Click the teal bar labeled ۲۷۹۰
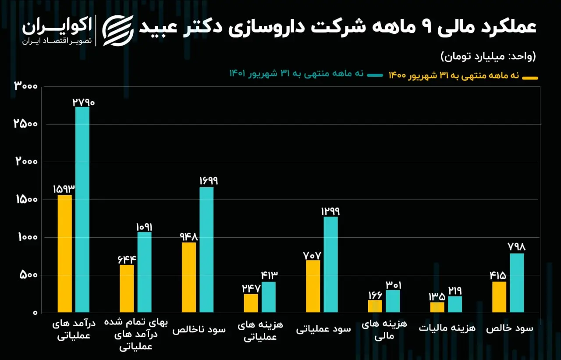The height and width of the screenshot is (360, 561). pyautogui.click(x=82, y=210)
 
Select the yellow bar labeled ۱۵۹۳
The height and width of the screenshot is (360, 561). pyautogui.click(x=64, y=253)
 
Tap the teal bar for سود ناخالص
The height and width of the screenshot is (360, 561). pyautogui.click(x=206, y=250)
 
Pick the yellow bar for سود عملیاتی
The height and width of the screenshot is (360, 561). pyautogui.click(x=313, y=286)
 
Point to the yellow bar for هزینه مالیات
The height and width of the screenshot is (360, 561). pyautogui.click(x=437, y=307)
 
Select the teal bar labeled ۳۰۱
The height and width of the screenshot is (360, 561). pyautogui.click(x=393, y=301)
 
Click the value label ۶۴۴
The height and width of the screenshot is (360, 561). pyautogui.click(x=127, y=260)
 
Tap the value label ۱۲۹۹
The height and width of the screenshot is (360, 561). pyautogui.click(x=330, y=211)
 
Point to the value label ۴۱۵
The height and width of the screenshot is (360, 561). pyautogui.click(x=498, y=276)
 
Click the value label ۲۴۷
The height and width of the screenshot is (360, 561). pyautogui.click(x=251, y=289)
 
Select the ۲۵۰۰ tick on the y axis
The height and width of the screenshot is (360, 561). pyautogui.click(x=25, y=124)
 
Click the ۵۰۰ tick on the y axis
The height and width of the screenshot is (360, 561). pyautogui.click(x=28, y=275)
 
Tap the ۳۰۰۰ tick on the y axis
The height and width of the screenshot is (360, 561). pyautogui.click(x=26, y=86)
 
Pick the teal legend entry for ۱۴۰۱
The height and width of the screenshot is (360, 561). pyautogui.click(x=306, y=74)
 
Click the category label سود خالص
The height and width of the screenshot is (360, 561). pyautogui.click(x=510, y=328)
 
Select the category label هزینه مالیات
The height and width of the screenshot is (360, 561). pyautogui.click(x=447, y=328)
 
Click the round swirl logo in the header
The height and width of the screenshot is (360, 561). pyautogui.click(x=118, y=31)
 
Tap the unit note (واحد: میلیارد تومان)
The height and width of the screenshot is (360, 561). pyautogui.click(x=488, y=57)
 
